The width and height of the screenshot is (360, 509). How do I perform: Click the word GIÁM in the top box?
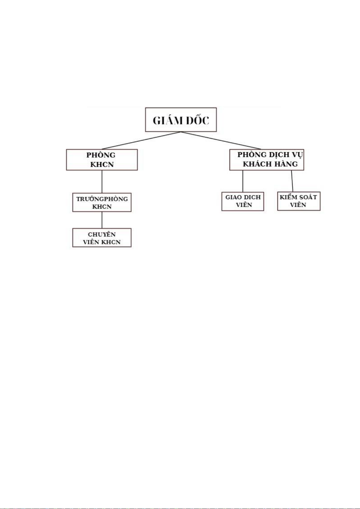168,120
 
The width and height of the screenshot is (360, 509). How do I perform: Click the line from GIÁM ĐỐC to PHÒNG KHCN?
141,140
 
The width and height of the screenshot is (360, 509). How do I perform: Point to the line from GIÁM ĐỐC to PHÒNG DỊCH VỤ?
221,140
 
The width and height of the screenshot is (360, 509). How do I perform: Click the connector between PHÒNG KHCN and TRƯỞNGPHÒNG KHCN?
102,182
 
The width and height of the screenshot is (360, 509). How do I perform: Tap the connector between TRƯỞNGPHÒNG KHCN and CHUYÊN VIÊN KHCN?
102,220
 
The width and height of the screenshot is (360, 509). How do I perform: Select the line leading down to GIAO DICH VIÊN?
243,181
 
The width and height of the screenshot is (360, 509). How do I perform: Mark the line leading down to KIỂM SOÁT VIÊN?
292,181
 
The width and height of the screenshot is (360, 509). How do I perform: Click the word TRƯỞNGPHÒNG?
102,199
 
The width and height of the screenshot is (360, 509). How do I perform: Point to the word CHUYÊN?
102,234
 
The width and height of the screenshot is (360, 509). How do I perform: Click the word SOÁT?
308,197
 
